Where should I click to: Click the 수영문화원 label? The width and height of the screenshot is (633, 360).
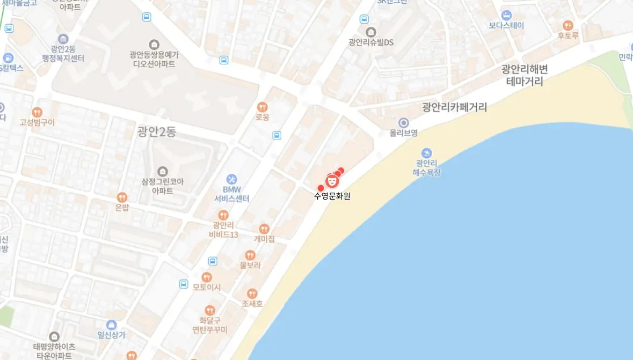pos(332,196)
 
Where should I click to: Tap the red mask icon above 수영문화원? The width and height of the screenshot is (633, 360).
pos(332,181)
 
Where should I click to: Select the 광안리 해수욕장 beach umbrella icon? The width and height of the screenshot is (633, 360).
pos(426,153)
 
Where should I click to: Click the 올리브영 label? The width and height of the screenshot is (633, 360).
pos(404,133)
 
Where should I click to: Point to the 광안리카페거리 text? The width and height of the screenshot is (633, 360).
pos(454,107)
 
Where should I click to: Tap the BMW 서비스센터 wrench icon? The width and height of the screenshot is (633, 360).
pos(231,179)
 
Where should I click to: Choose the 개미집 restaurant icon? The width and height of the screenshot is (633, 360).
pos(264,229)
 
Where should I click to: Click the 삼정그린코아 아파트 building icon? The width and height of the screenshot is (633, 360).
pos(162,171)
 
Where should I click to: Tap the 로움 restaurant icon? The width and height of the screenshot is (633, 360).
pos(263,107)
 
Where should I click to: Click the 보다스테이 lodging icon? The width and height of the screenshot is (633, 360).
pos(506,15)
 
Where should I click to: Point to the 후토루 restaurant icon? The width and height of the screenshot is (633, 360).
pos(567,25)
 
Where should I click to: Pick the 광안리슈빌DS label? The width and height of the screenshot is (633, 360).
pos(371,42)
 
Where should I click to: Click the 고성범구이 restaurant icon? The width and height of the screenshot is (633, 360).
pos(37,112)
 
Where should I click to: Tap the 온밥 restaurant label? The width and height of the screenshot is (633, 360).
pos(122,207)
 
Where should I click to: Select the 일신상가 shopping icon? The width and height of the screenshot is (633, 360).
pos(111,325)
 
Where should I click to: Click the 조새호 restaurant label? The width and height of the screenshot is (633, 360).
pos(252,304)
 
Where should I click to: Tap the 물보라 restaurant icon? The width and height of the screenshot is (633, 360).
pos(250,255)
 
